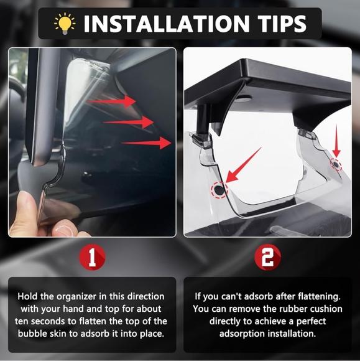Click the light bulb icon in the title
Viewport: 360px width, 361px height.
pyautogui.click(x=65, y=24)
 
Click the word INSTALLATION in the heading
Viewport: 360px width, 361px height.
pyautogui.click(x=166, y=24)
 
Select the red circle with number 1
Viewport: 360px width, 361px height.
pyautogui.click(x=92, y=257)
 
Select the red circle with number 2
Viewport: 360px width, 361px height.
pyautogui.click(x=267, y=257)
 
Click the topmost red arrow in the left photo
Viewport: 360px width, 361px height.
pyautogui.click(x=111, y=101)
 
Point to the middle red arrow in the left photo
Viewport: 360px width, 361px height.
pyautogui.click(x=129, y=122)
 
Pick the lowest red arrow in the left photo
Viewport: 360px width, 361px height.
pyautogui.click(x=146, y=143)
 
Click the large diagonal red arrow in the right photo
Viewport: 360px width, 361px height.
pyautogui.click(x=243, y=165)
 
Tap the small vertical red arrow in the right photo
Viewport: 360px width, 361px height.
pyautogui.click(x=336, y=141)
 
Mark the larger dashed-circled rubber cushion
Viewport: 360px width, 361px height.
pyautogui.click(x=219, y=189)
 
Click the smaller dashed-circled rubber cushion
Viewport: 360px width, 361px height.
pyautogui.click(x=336, y=164)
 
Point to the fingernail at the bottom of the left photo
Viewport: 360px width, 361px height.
pyautogui.click(x=65, y=230)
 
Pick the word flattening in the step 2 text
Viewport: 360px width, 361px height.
pyautogui.click(x=319, y=296)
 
